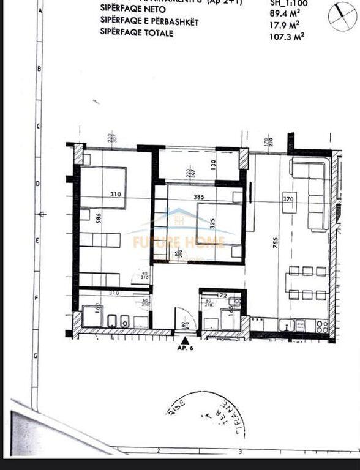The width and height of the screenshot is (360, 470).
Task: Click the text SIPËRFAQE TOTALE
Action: pos(137,32)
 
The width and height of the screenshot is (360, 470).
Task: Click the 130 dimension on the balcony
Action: pos(212,163)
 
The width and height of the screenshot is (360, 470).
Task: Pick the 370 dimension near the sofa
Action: pos(288,199)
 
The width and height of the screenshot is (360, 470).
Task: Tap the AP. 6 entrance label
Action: pos(185,347)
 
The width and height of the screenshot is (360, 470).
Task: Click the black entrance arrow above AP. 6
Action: pos(184,338)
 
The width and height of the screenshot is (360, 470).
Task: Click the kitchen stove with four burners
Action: pos(322,326)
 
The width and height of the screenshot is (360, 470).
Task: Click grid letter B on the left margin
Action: pos(39,69)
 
